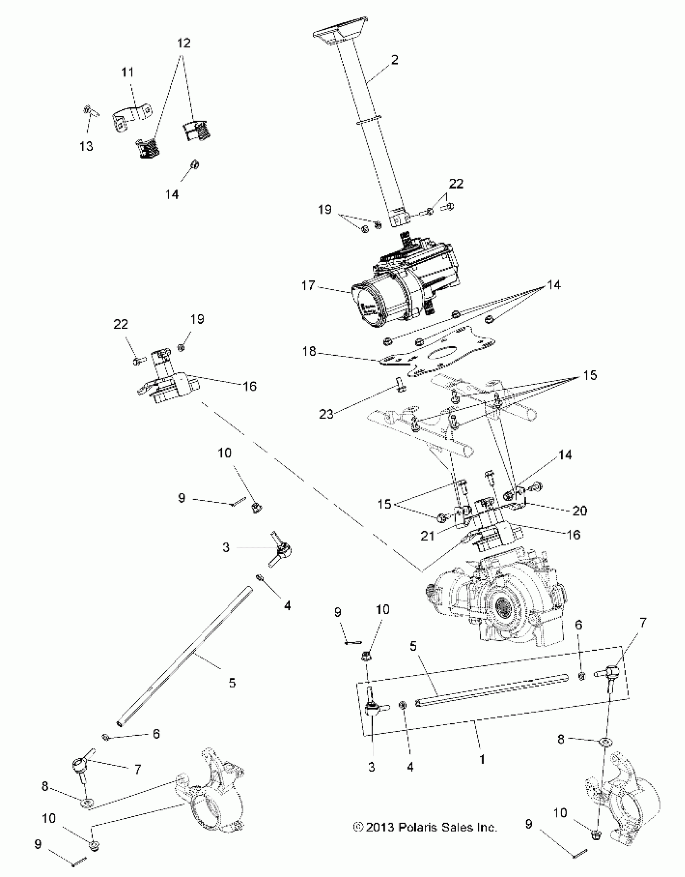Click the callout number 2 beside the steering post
pos(394,60)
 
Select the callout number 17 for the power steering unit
pos(308,286)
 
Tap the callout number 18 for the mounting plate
pos(309,351)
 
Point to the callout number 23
pos(326,414)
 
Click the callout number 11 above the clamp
pos(127,73)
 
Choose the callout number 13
pos(86,146)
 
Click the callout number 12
pos(184,43)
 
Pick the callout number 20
pos(579,511)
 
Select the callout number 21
pos(427,536)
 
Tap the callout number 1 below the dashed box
pos(482,759)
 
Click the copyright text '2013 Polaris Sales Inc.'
pos(426,827)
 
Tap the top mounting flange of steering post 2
pos(340,35)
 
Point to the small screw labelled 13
pos(88,111)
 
